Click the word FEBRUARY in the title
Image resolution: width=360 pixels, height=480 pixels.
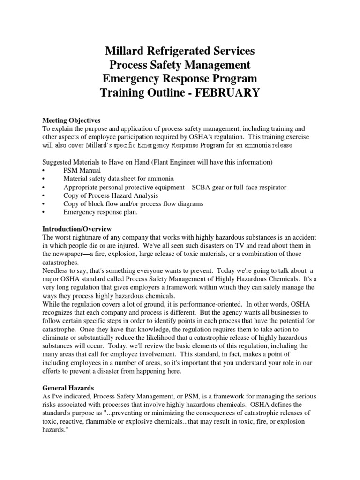225,92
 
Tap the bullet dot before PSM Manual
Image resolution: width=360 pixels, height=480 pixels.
44,170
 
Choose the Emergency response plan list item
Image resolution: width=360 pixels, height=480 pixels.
101,212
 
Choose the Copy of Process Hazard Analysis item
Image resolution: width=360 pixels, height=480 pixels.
111,195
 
